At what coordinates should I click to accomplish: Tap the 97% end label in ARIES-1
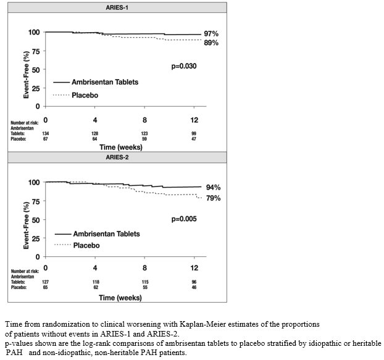point(212,33)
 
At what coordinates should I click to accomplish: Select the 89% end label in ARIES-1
point(212,43)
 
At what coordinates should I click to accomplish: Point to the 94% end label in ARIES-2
point(213,187)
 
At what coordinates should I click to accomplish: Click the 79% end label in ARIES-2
point(213,198)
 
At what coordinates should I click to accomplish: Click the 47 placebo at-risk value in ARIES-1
point(194,138)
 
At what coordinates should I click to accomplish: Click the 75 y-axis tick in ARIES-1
point(36,51)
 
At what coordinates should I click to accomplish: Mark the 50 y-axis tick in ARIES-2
point(36,219)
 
